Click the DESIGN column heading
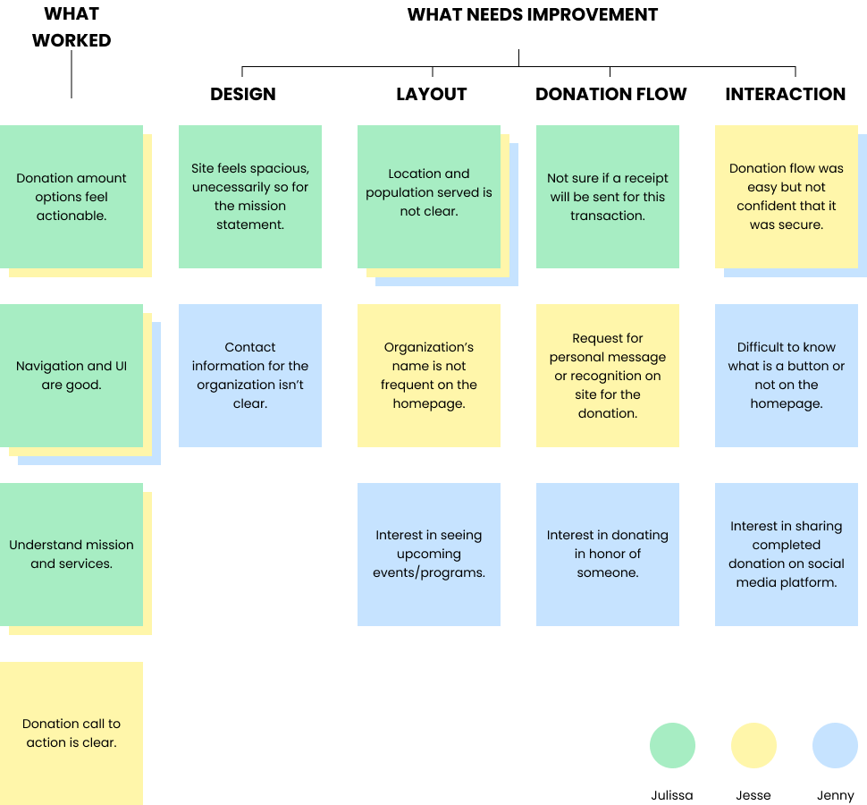pyautogui.click(x=242, y=94)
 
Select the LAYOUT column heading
pyautogui.click(x=431, y=94)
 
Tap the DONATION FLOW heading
pyautogui.click(x=610, y=94)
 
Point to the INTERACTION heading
pyautogui.click(x=785, y=94)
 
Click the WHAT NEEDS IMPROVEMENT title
pyautogui.click(x=532, y=14)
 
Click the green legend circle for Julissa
pyautogui.click(x=672, y=745)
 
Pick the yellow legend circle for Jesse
pyautogui.click(x=753, y=745)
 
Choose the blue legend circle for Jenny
pyautogui.click(x=835, y=745)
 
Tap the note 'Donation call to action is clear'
pyautogui.click(x=72, y=733)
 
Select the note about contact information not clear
pyautogui.click(x=250, y=375)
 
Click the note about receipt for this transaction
pyautogui.click(x=608, y=196)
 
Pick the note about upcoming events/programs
pyautogui.click(x=429, y=554)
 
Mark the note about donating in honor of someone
pyautogui.click(x=608, y=554)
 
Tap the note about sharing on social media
pyautogui.click(x=787, y=554)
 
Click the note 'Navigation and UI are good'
pyautogui.click(x=72, y=375)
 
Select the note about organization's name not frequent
pyautogui.click(x=429, y=375)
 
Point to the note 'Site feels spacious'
pyautogui.click(x=250, y=196)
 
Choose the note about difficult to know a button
pyautogui.click(x=787, y=375)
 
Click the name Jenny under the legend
pyautogui.click(x=835, y=795)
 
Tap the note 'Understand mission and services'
pyautogui.click(x=72, y=554)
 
